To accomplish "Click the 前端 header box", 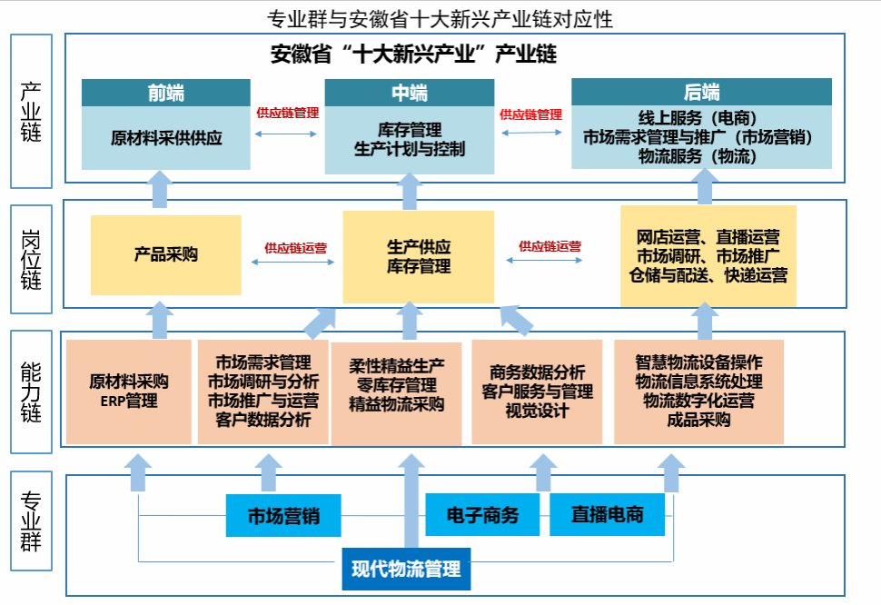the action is point(165,93).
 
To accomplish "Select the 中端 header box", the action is point(410,93).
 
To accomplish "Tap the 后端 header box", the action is point(701,92).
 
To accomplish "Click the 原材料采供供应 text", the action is point(166,138).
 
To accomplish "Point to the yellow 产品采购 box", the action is point(165,255).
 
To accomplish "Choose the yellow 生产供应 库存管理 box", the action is point(419,257).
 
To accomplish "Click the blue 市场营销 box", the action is point(283,516).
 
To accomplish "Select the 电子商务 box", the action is point(482,514).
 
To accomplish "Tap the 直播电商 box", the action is point(607,514).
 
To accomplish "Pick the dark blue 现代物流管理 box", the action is point(406,569).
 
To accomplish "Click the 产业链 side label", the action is point(32,111).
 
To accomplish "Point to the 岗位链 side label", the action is point(32,259).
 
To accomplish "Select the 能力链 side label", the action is point(32,392).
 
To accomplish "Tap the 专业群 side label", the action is point(32,521).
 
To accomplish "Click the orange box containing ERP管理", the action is point(129,392).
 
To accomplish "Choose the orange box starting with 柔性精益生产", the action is point(397,393).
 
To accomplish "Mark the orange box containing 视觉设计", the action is point(537,392).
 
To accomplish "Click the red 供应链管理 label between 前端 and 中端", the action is point(288,113).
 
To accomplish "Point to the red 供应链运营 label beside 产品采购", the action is point(295,248).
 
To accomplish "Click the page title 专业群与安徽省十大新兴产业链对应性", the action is point(440,19).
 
